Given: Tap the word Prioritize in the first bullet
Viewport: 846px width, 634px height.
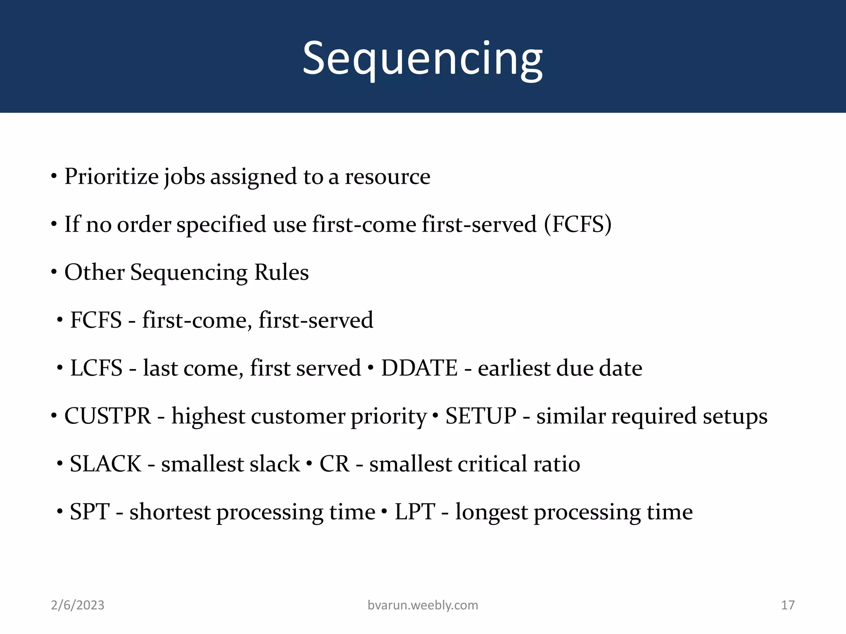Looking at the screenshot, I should pos(111,177).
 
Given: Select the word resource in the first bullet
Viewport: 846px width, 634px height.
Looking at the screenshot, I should pos(387,177).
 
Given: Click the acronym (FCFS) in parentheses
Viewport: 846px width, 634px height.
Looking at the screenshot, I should pos(577,225).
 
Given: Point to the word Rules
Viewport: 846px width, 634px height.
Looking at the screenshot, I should pos(281,272).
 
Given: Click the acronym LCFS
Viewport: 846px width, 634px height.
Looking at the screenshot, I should pos(96,368).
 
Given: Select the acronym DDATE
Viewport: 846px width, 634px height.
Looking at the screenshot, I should pos(419,368).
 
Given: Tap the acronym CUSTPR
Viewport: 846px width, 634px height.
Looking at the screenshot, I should pos(108,416).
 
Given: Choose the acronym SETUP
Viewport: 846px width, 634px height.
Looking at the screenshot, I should pos(481,416).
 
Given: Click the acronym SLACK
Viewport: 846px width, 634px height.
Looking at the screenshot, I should pos(105,464).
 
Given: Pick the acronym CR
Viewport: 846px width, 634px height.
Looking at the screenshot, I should pos(334,464).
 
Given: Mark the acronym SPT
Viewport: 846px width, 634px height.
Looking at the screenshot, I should pos(90,512).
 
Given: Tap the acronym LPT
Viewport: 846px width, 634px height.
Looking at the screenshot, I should pos(415,512).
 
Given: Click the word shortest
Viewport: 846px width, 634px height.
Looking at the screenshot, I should pos(170,512).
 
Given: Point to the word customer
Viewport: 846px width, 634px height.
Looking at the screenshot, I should pos(298,416).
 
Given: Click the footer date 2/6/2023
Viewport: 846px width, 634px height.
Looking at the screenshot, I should pos(78,605).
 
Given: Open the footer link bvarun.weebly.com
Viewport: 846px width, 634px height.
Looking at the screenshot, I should pos(423,605).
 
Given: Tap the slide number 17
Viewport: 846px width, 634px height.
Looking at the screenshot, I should pos(788,605).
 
